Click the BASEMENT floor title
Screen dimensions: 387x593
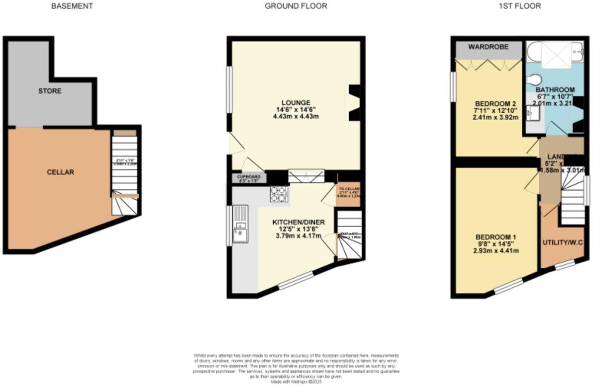tap(72, 6)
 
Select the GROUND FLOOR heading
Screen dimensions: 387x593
tap(296, 6)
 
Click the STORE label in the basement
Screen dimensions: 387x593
tap(50, 91)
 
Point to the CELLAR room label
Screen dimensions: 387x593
tap(60, 172)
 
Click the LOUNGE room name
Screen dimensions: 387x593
tap(296, 102)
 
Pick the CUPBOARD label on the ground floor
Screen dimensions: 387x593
tap(249, 176)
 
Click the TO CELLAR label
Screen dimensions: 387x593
tap(349, 189)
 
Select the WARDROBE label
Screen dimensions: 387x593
tap(488, 47)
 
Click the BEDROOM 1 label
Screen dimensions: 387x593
tap(495, 236)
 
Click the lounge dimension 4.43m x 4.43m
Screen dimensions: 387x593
tap(296, 116)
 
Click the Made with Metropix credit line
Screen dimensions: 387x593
tap(296, 382)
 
